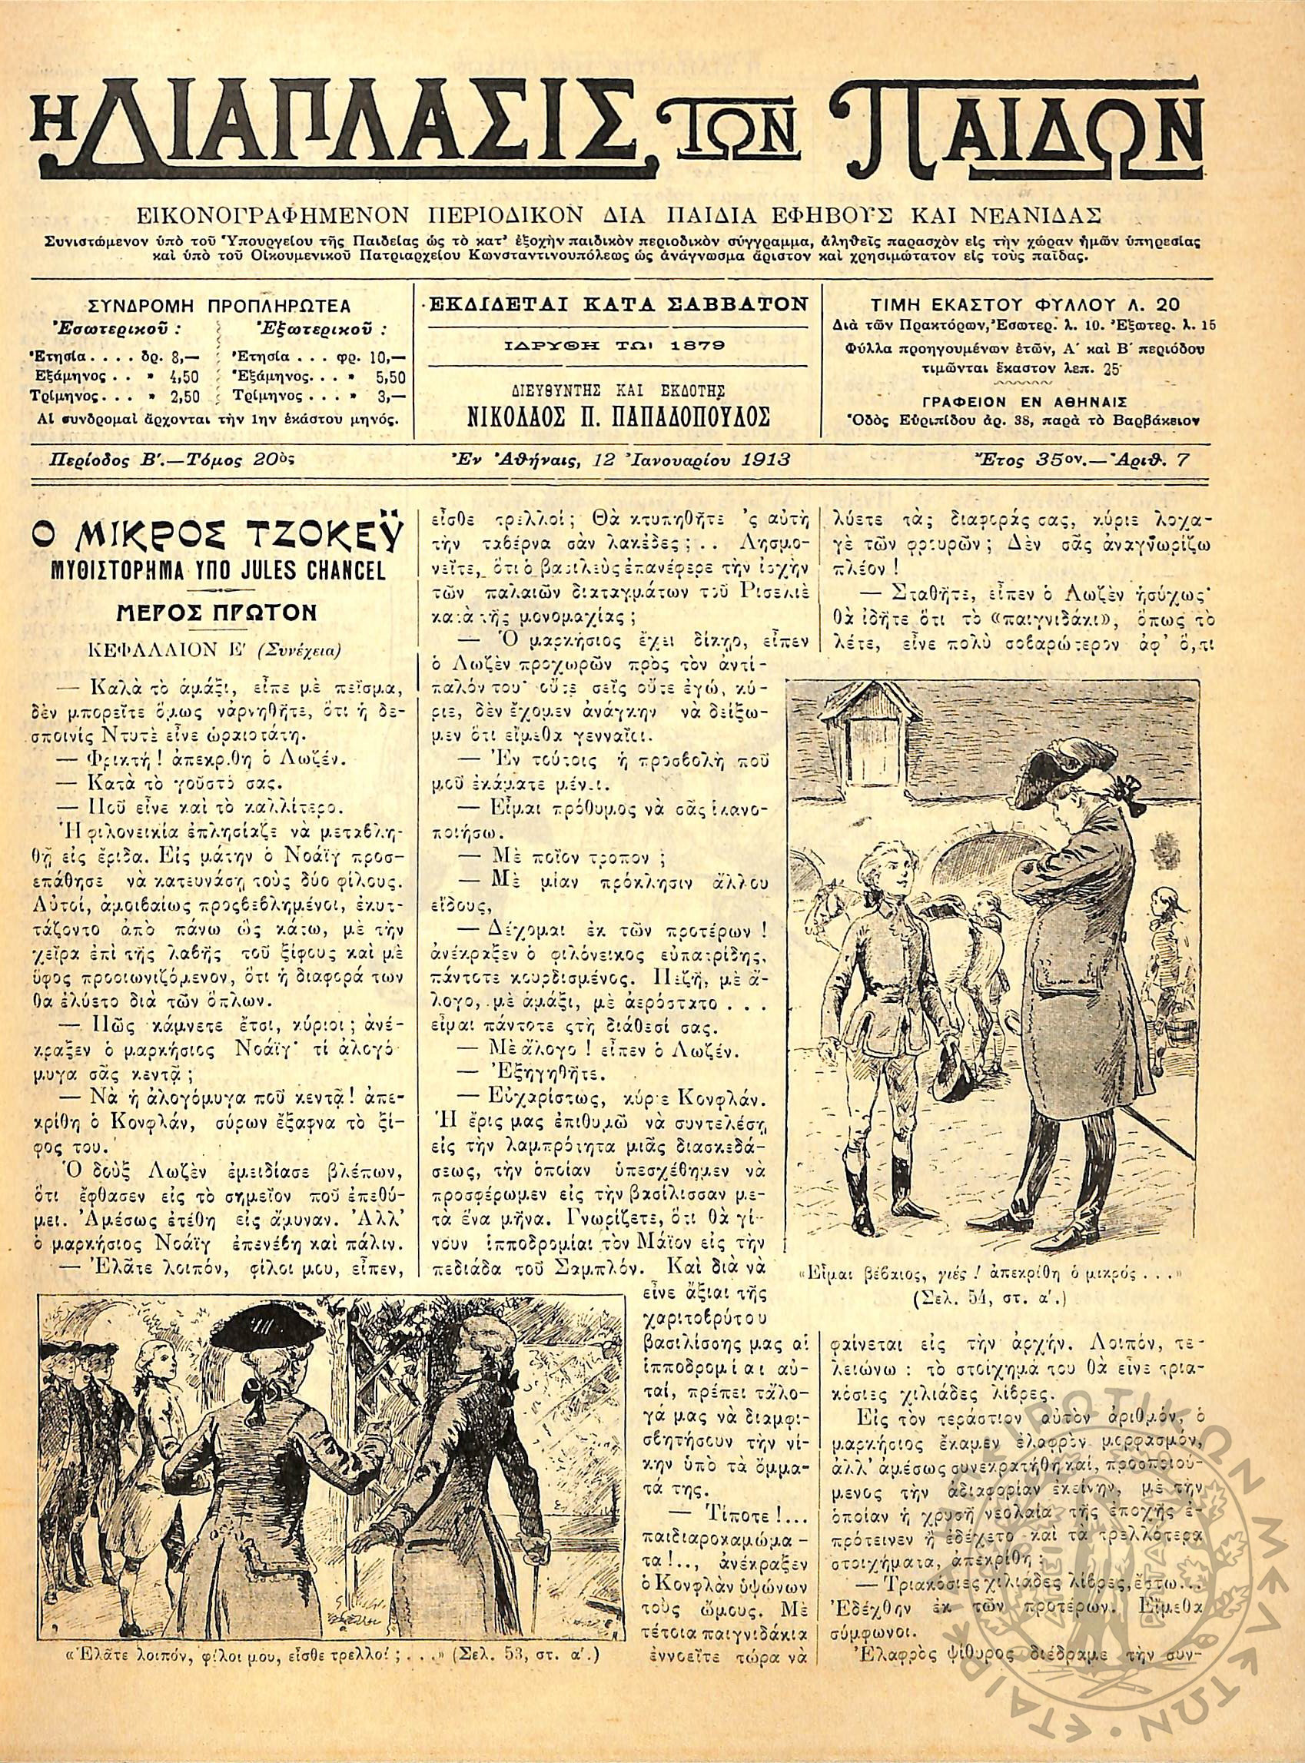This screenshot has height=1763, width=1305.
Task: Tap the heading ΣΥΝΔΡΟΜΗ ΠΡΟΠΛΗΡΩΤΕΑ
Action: coord(219,305)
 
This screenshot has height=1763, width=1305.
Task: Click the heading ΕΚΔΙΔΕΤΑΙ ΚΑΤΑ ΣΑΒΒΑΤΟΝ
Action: coord(617,304)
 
